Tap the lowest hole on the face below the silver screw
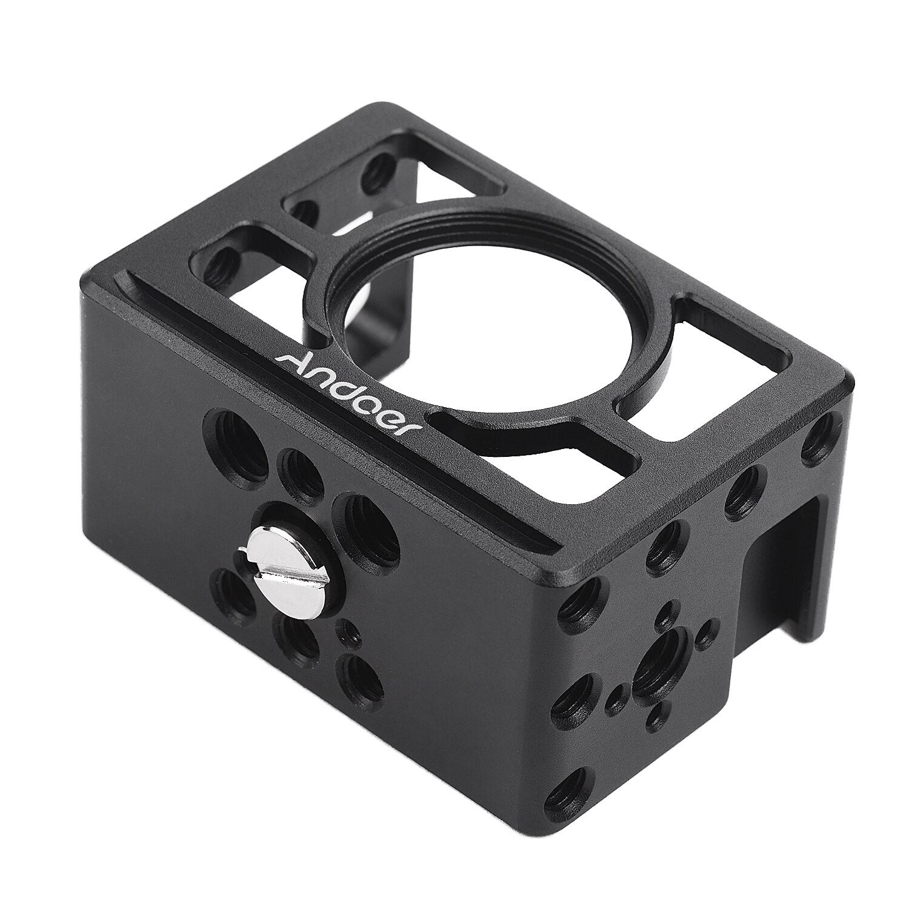362,675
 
